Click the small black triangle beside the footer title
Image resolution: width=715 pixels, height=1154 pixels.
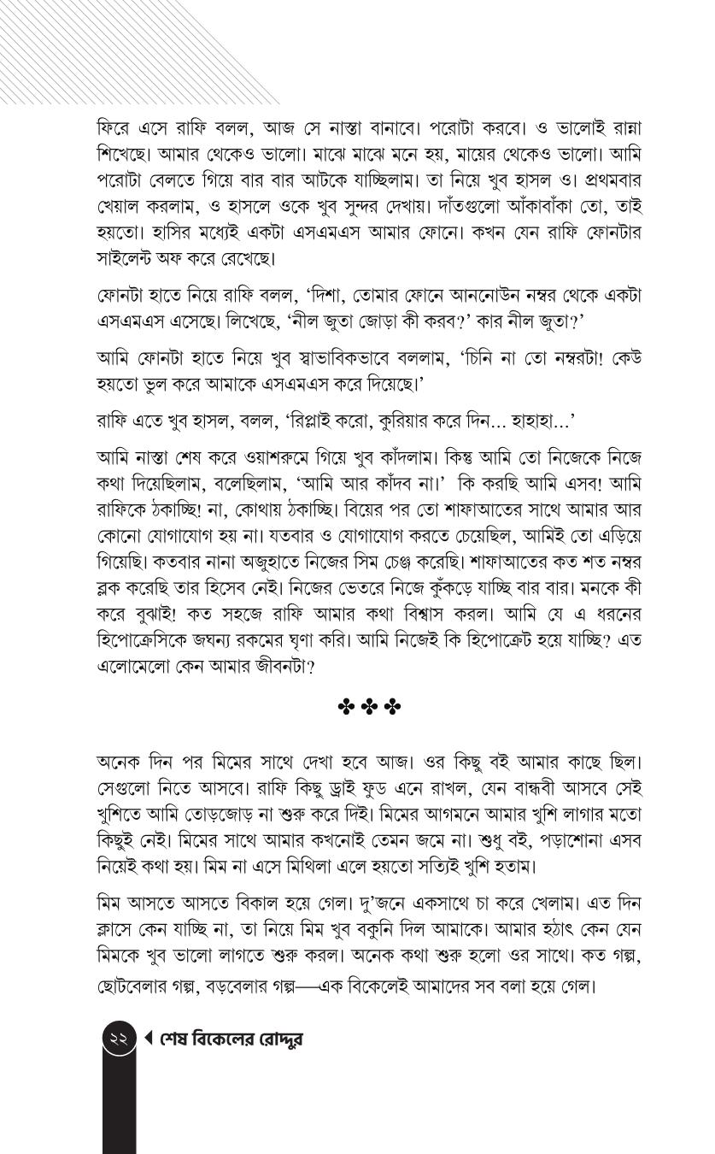point(149,1039)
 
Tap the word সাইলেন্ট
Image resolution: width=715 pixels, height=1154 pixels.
point(128,257)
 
